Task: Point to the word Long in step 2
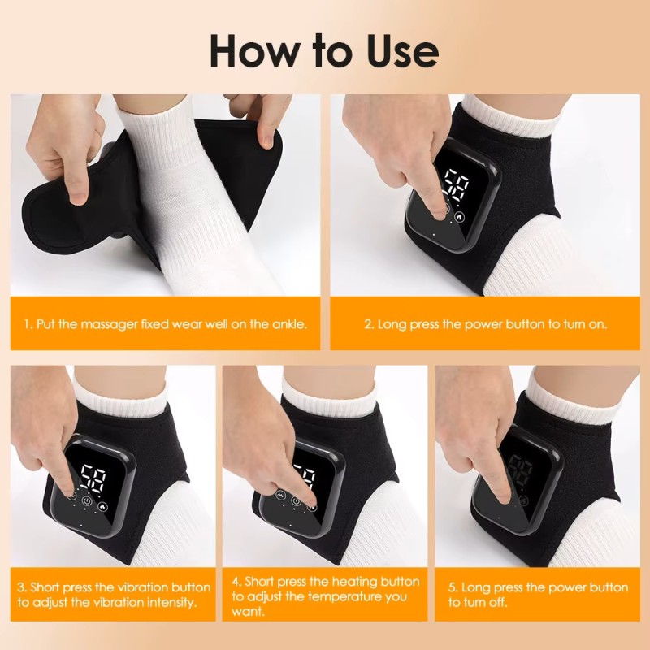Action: click(392, 324)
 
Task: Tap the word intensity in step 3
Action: click(171, 602)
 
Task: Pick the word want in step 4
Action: click(248, 612)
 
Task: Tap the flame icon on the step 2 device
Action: click(459, 216)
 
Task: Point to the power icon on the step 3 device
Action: click(87, 501)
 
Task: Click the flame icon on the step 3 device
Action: click(102, 506)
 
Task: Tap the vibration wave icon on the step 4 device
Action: click(280, 496)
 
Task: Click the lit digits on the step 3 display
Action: click(93, 477)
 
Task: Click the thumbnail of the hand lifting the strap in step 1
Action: click(166, 195)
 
